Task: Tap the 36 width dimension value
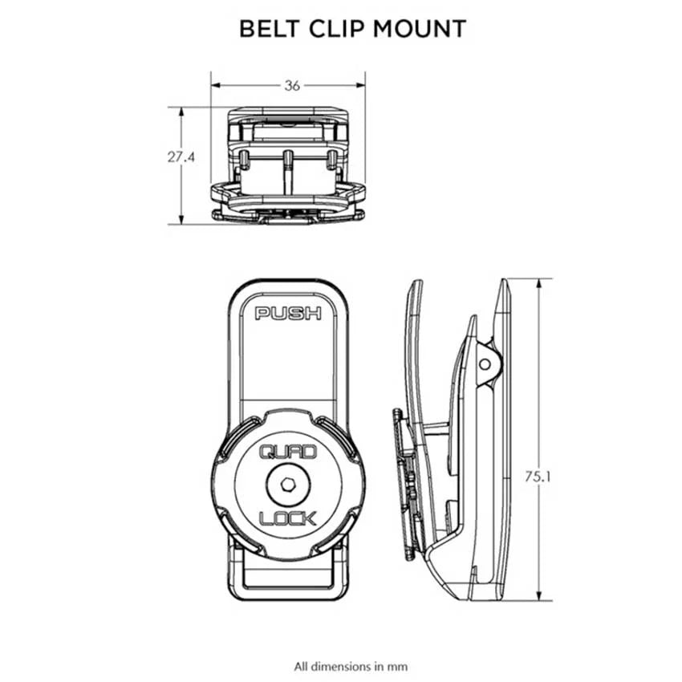click(292, 87)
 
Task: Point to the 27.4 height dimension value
click(181, 157)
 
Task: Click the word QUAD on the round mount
click(287, 455)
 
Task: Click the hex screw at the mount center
click(287, 486)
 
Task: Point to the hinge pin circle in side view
click(485, 363)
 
